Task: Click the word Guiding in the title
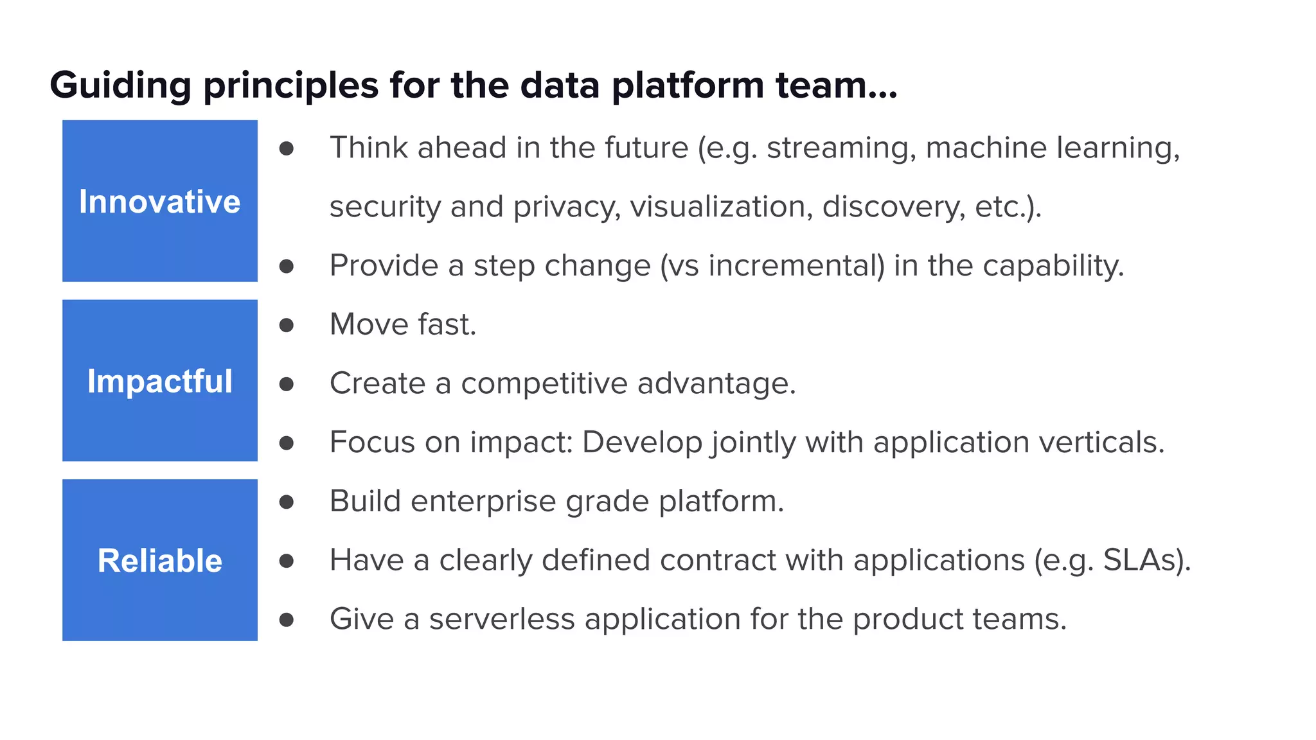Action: pos(120,85)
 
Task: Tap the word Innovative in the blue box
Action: pos(160,202)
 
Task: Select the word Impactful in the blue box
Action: pos(160,382)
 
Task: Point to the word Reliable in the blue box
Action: pos(160,561)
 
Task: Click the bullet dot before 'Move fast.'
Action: pos(287,325)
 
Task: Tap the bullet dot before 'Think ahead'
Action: pos(287,149)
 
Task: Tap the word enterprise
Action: pos(483,501)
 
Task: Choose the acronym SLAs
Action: pos(1142,560)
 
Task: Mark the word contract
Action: pos(718,560)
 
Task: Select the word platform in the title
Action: pos(688,85)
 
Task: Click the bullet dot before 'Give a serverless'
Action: pos(287,620)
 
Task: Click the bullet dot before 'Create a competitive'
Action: pos(287,384)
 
